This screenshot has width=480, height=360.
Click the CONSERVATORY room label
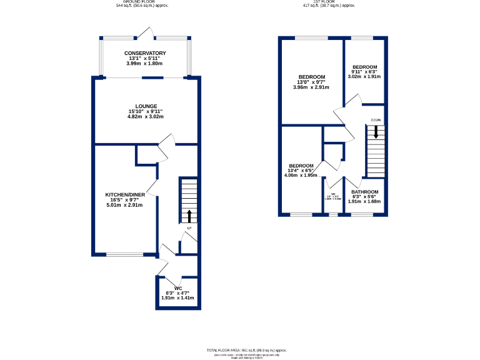click(145, 53)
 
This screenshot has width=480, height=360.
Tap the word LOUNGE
click(145, 106)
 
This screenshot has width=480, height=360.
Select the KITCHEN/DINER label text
click(124, 195)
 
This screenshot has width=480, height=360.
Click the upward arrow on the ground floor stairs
click(189, 216)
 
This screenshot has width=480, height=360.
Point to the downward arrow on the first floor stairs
click(376, 132)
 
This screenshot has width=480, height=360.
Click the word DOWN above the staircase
click(376, 120)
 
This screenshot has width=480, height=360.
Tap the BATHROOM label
click(364, 192)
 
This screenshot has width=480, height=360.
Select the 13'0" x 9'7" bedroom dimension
click(311, 82)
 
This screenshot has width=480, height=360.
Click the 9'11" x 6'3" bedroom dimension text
click(364, 72)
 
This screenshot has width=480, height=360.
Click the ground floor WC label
click(177, 288)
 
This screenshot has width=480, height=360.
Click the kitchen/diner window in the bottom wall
click(124, 254)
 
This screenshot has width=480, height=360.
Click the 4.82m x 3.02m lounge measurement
click(145, 116)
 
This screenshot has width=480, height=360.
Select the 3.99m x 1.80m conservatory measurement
click(145, 63)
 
